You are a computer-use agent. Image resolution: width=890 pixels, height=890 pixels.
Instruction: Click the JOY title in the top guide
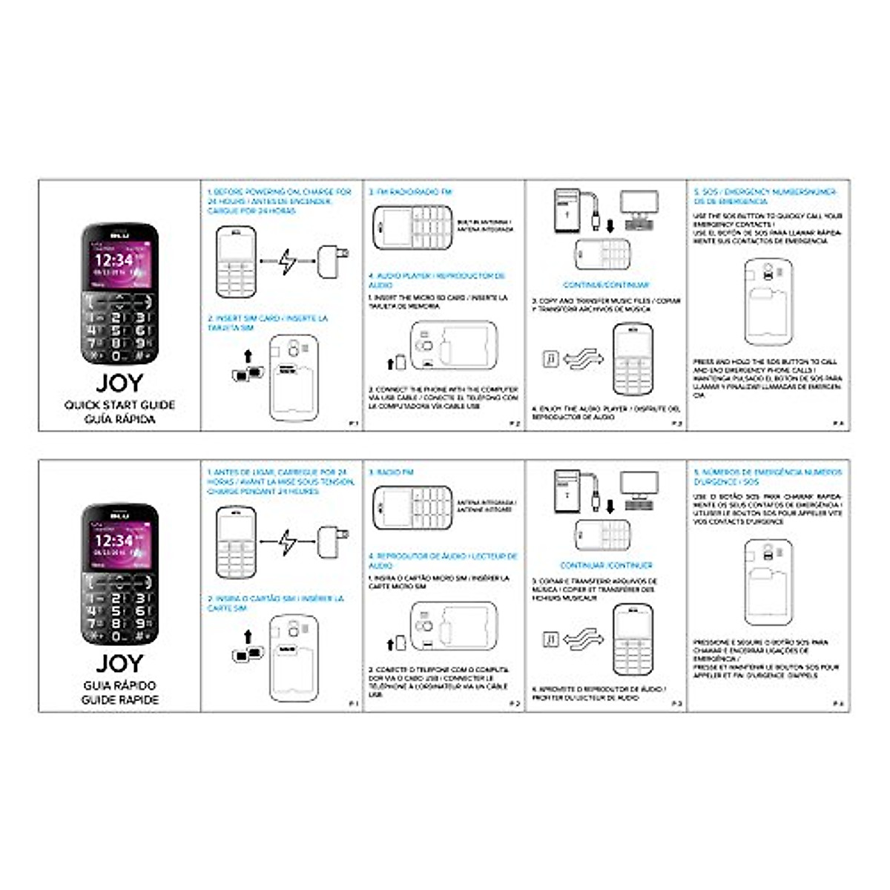coord(119,383)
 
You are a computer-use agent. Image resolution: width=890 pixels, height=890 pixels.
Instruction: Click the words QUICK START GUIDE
coord(119,405)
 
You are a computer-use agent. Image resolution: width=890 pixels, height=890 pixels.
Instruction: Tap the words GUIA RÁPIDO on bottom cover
coord(119,685)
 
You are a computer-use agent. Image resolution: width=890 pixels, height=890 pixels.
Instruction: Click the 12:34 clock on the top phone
coord(113,260)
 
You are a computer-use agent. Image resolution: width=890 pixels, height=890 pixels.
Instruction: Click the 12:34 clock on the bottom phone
coord(113,541)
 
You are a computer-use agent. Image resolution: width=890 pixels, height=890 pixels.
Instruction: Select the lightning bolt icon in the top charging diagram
coord(287,261)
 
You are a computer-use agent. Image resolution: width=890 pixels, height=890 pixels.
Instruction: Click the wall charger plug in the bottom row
coord(331,541)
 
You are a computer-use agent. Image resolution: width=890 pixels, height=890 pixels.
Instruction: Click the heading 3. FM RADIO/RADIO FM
coord(410,192)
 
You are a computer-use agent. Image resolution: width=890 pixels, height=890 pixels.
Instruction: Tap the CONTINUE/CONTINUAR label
coord(606,285)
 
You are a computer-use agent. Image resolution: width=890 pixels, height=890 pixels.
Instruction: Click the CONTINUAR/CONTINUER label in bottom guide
coord(606,565)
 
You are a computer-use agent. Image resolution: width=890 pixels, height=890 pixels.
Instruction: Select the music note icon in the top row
coord(550,359)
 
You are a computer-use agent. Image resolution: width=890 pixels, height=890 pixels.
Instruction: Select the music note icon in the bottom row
coord(550,639)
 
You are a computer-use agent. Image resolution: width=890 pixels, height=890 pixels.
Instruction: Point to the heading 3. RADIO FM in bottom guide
coord(391,472)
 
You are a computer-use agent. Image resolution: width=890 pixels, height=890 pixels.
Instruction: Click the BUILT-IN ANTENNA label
coord(484,225)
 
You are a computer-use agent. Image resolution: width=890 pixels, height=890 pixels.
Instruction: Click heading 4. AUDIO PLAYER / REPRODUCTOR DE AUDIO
coord(436,280)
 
